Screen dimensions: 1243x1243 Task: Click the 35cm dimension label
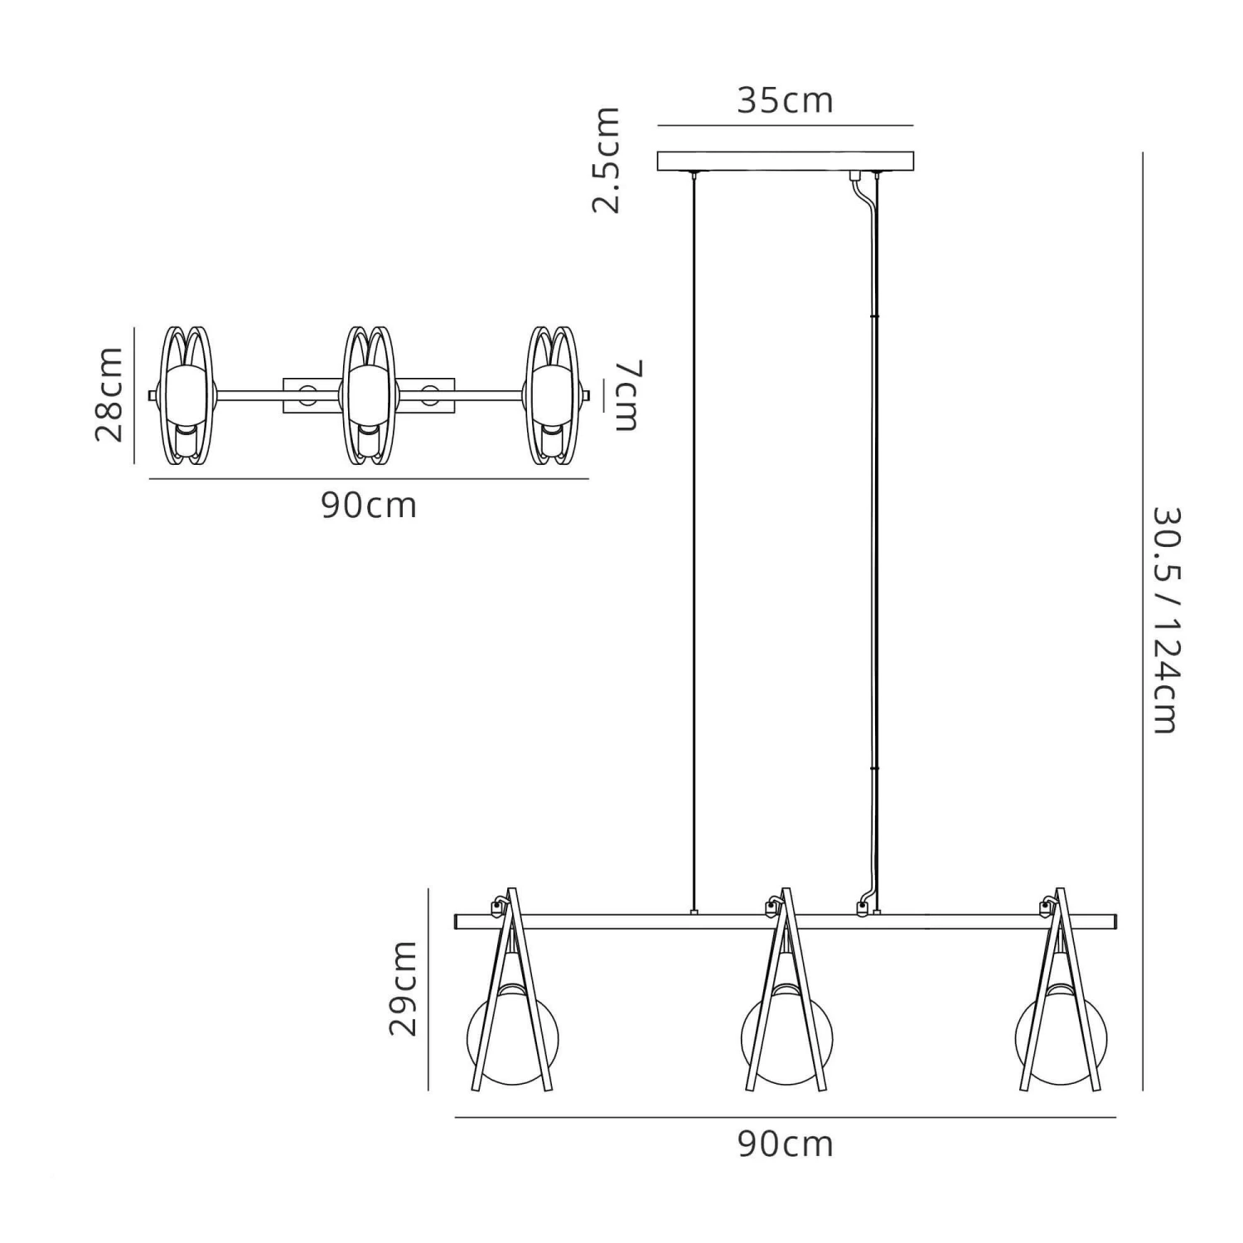pyautogui.click(x=785, y=100)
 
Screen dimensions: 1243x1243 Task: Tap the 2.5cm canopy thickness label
pyautogui.click(x=606, y=160)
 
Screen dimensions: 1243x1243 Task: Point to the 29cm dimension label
pyautogui.click(x=404, y=988)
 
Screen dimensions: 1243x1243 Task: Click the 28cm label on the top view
pyautogui.click(x=109, y=394)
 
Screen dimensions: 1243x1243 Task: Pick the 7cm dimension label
pyautogui.click(x=627, y=395)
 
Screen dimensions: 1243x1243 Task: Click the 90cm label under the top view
pyautogui.click(x=369, y=505)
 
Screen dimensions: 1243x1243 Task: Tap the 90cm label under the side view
pyautogui.click(x=785, y=1144)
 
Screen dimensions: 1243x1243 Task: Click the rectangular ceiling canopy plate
pyautogui.click(x=786, y=161)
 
